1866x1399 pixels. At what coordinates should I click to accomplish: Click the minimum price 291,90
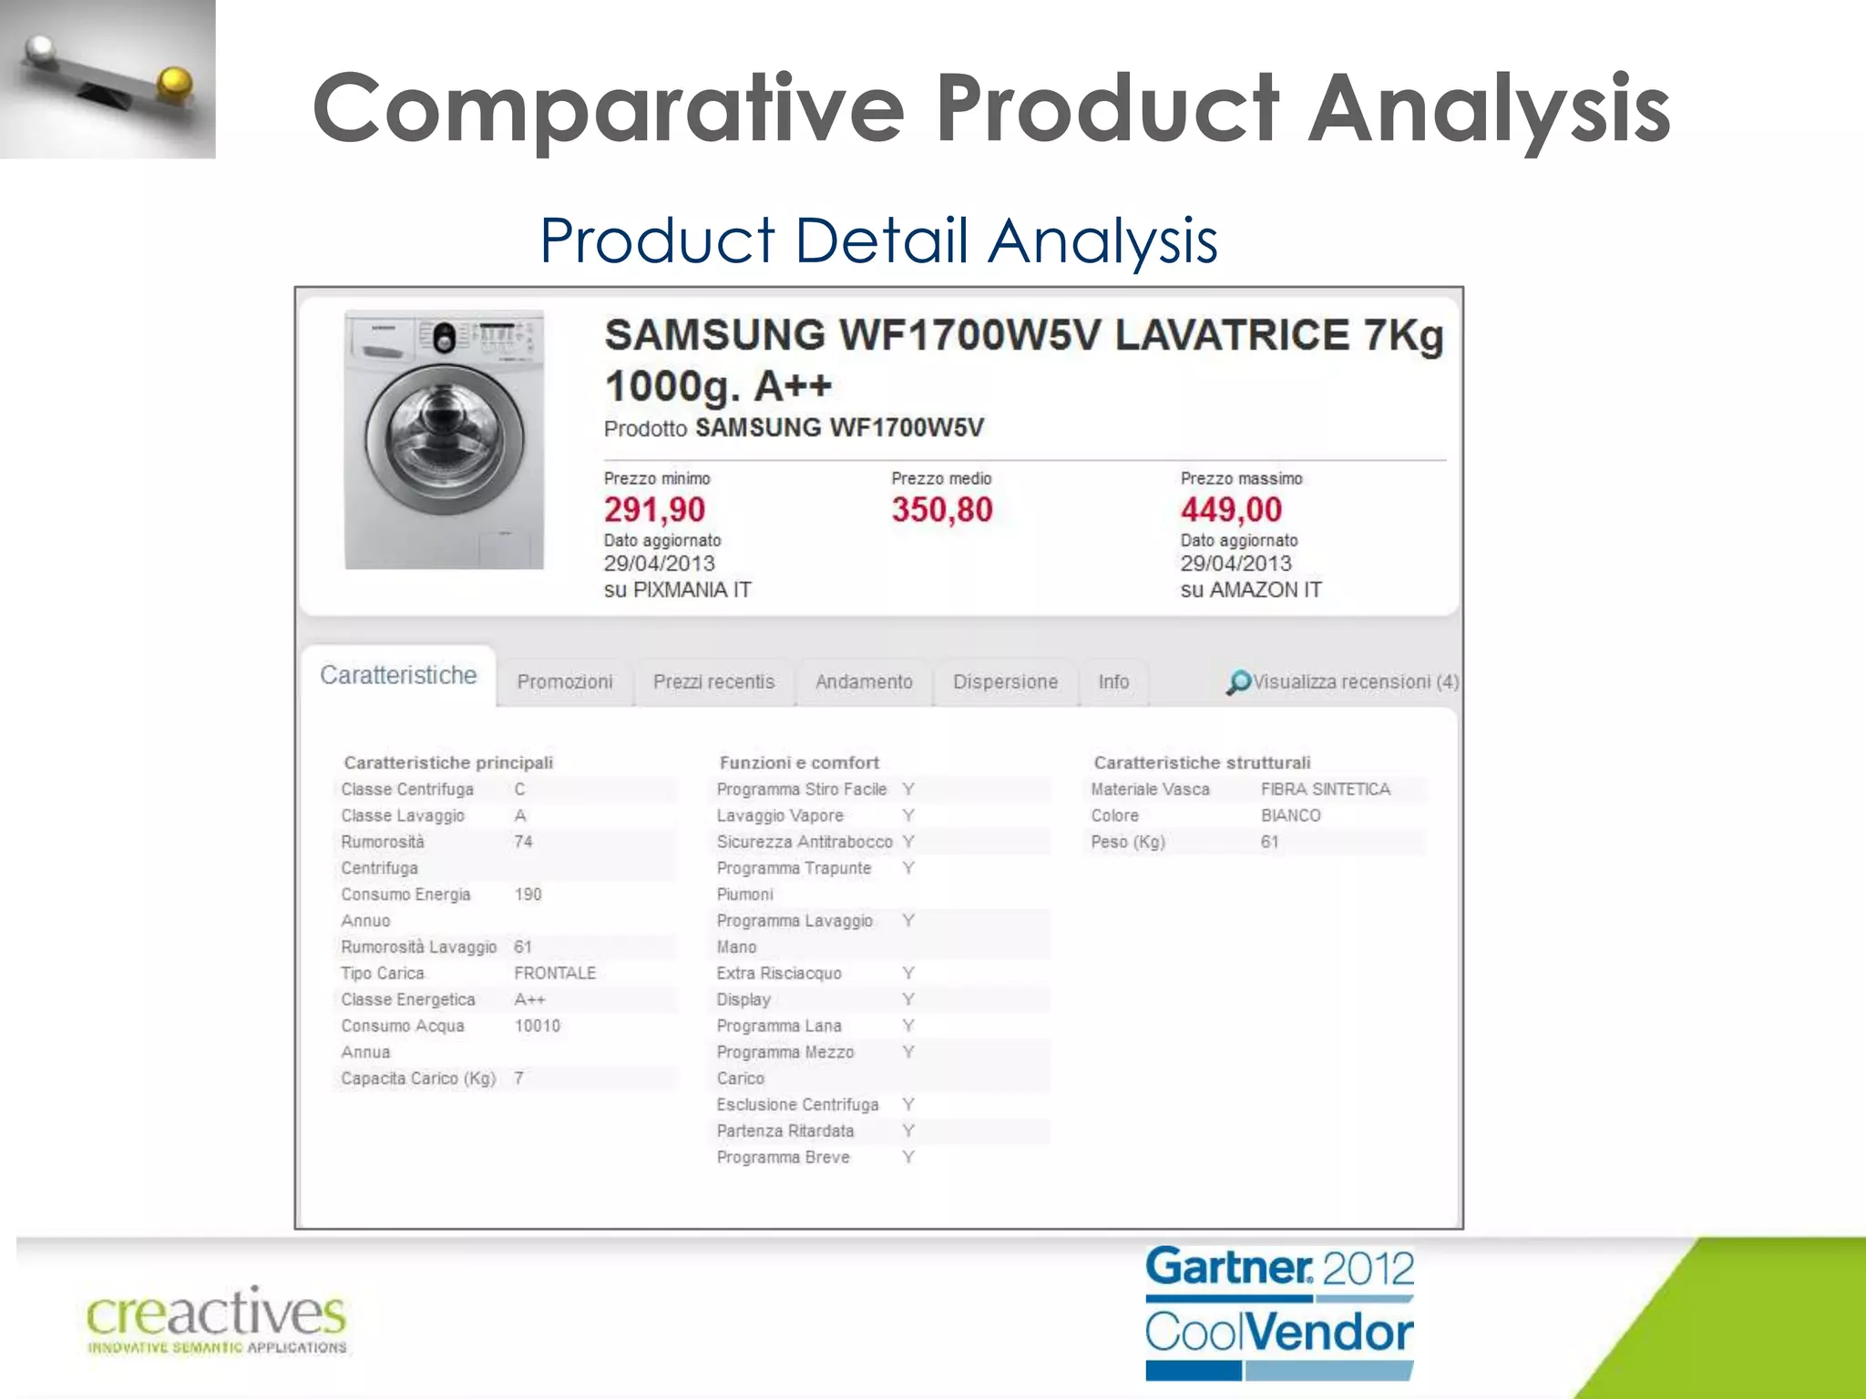[x=654, y=510]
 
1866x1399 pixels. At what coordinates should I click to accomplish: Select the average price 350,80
[x=941, y=510]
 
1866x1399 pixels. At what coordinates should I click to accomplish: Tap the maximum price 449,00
[x=1231, y=510]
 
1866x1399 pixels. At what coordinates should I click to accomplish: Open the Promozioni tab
[x=565, y=682]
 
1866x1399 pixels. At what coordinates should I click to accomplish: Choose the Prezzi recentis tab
[x=713, y=682]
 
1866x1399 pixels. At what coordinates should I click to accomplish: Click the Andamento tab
[x=864, y=682]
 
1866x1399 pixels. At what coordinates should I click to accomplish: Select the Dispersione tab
[x=1005, y=682]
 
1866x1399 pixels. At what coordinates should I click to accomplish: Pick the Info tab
[x=1113, y=682]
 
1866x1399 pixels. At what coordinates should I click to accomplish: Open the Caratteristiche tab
[x=398, y=676]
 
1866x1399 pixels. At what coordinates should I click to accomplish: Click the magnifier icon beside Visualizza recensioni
[x=1238, y=682]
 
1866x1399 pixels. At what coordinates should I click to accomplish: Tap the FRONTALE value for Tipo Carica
[x=555, y=974]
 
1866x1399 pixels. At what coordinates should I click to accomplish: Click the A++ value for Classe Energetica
[x=529, y=1000]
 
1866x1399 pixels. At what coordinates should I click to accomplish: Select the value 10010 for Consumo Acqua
[x=538, y=1026]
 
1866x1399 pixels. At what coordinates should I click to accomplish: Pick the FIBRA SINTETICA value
[x=1326, y=790]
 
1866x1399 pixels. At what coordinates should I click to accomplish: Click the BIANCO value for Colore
[x=1290, y=816]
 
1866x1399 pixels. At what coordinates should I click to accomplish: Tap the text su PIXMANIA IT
[x=677, y=590]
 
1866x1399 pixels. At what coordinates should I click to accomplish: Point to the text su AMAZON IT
[x=1250, y=590]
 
